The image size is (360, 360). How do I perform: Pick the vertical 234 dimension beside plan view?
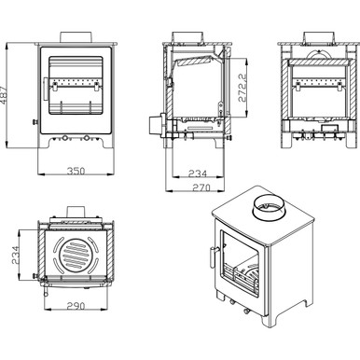(x=12, y=254)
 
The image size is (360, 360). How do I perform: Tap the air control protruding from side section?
(x=152, y=122)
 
